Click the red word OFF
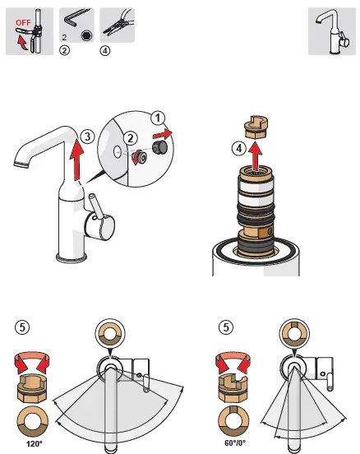click(23, 22)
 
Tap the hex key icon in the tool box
click(75, 21)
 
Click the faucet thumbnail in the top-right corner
click(332, 31)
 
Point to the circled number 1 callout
click(158, 118)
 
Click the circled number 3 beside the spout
click(87, 136)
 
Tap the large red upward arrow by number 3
click(76, 160)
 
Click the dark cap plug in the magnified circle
click(159, 148)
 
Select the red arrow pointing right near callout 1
click(163, 134)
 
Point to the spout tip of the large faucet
click(21, 164)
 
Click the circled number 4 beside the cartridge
click(239, 148)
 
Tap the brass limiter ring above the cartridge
click(256, 127)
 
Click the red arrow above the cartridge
click(256, 155)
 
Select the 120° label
click(35, 443)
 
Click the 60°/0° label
click(235, 443)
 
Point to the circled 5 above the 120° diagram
click(22, 327)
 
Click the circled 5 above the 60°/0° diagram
click(226, 327)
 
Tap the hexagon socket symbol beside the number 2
click(86, 35)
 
